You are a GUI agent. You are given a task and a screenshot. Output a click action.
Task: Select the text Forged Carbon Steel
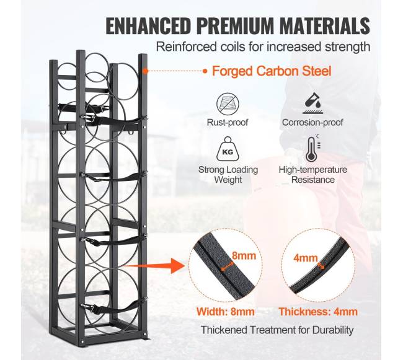pos(272,71)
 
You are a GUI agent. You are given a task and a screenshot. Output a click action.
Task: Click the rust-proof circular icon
pos(228,104)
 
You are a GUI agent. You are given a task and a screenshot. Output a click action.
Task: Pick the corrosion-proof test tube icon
pos(312,103)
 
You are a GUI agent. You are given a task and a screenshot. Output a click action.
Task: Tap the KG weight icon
pos(228,149)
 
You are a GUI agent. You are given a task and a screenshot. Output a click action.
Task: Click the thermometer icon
pos(313,149)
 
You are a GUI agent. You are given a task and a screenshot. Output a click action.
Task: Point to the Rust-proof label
pos(228,122)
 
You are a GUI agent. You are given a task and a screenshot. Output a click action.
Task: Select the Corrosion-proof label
pos(312,122)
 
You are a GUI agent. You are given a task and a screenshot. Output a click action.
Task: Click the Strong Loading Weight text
pos(228,175)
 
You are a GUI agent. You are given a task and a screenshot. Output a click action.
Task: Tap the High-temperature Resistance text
pos(313,175)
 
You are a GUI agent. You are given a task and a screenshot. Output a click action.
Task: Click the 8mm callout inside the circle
pos(244,256)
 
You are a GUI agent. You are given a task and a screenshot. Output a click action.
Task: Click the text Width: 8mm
pos(226,312)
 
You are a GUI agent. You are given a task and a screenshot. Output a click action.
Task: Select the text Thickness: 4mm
pos(319,312)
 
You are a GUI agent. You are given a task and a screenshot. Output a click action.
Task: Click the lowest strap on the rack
pos(111,307)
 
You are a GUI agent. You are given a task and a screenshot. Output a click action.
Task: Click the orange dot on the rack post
pos(146,71)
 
